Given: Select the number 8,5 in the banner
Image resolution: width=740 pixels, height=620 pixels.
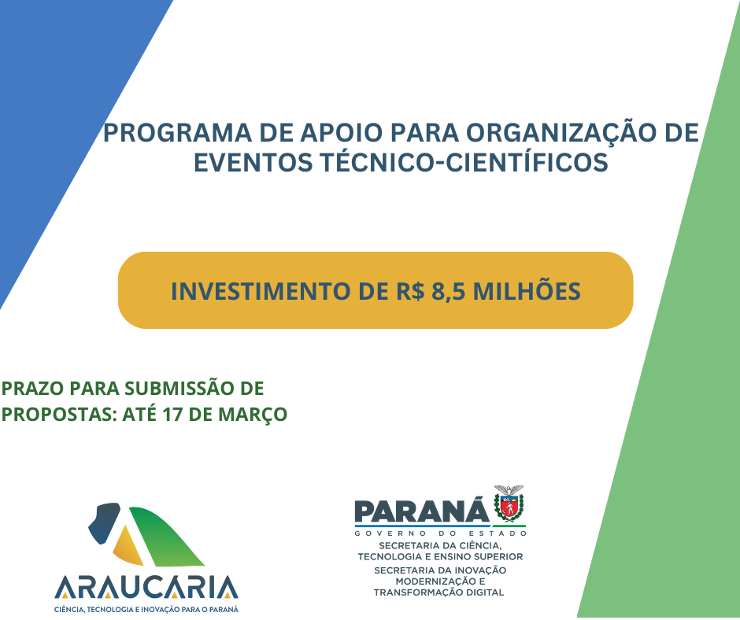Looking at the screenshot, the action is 449,291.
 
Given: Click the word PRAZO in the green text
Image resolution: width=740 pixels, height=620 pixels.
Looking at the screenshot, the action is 33,389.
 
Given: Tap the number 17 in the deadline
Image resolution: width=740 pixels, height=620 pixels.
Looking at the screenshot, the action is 172,415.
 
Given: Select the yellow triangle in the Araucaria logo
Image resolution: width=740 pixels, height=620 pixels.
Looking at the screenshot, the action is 128,548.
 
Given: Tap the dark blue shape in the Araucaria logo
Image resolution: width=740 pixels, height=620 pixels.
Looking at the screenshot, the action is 104,522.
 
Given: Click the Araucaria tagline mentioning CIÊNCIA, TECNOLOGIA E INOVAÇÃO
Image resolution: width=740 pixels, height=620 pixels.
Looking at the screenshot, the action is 146,609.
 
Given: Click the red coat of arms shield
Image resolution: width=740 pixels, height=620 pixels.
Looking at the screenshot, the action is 509,506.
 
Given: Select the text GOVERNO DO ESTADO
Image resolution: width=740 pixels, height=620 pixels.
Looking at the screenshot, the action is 440,533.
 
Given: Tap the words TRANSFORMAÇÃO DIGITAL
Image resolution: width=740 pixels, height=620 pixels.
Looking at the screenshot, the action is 439,592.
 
